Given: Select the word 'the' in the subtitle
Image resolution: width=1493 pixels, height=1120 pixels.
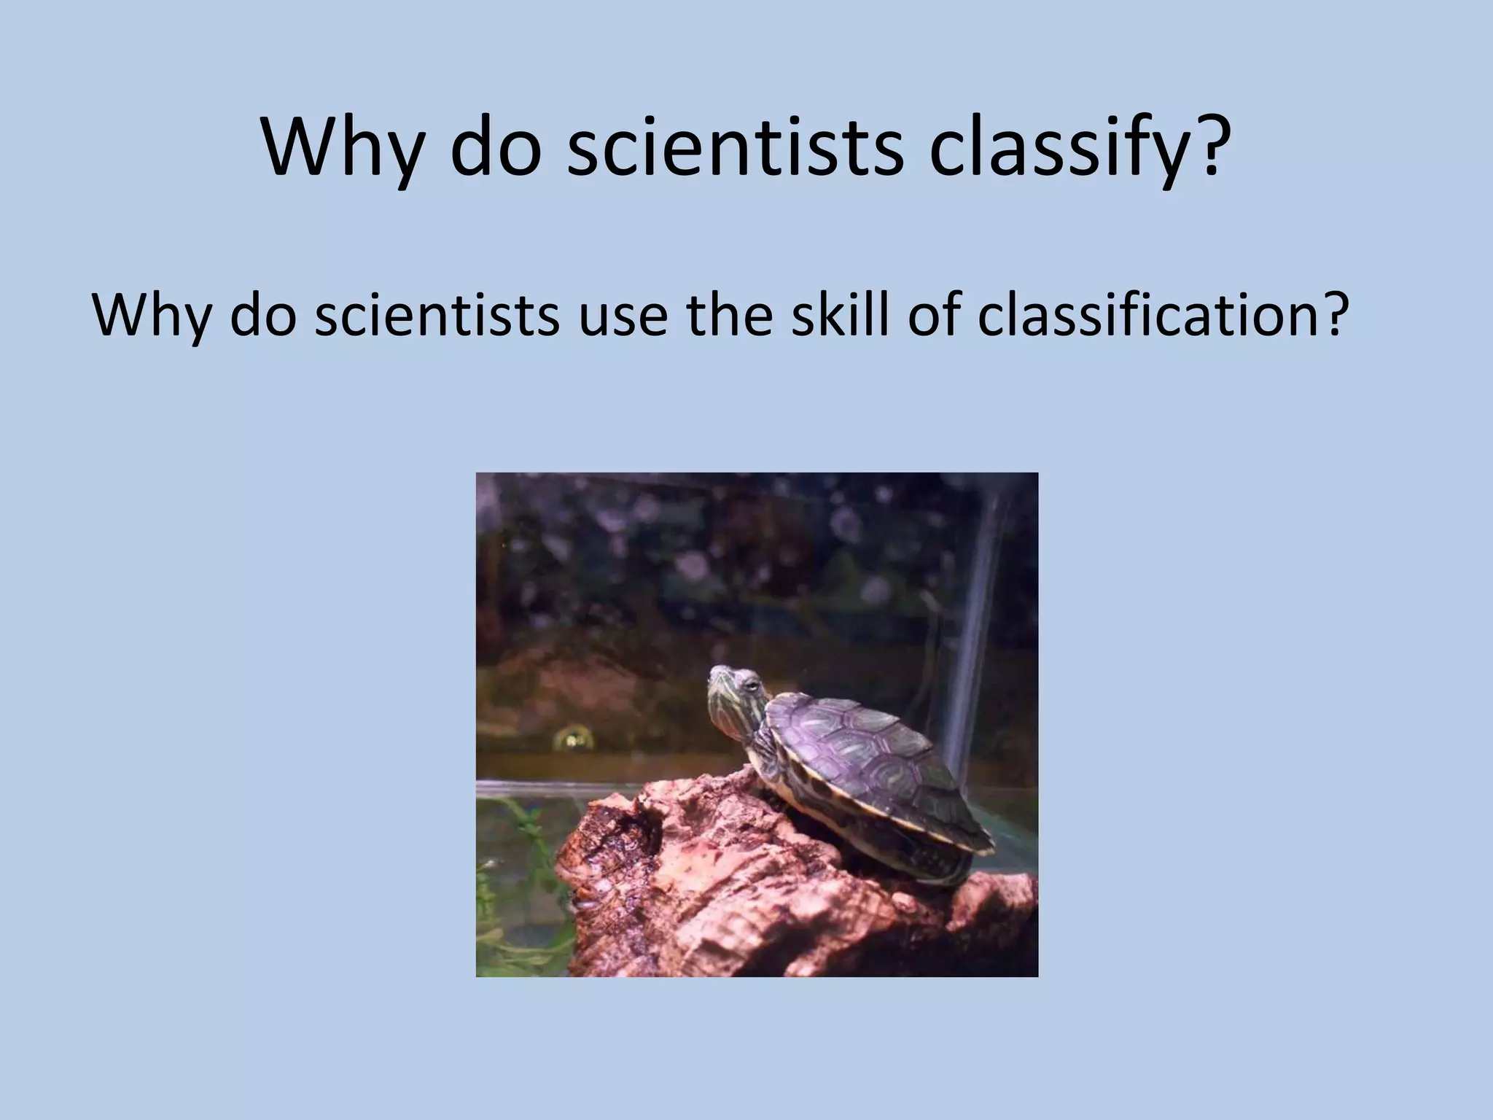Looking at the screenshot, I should (729, 315).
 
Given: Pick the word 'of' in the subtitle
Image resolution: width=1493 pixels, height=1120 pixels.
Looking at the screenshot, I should (935, 315).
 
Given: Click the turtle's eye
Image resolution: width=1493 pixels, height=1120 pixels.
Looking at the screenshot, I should (750, 685).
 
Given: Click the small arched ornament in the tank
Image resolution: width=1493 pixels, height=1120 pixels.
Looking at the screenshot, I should (572, 739).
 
